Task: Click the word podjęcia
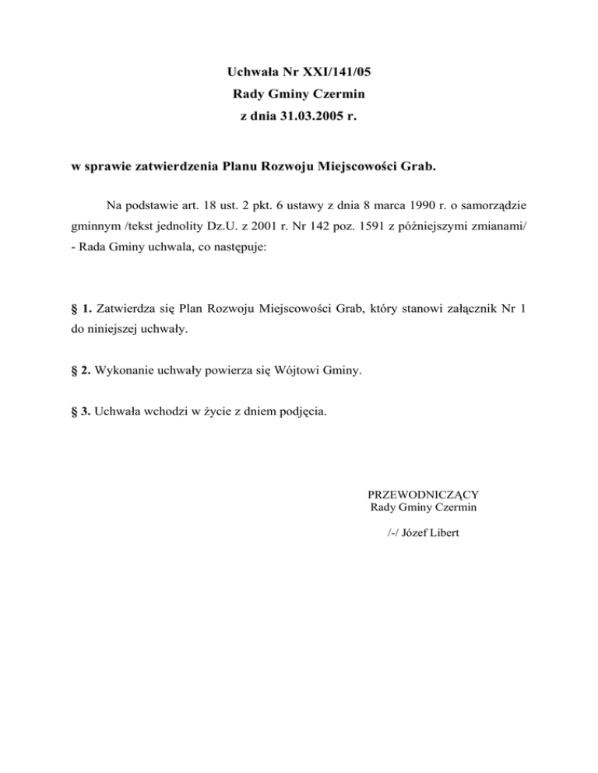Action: (304, 413)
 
